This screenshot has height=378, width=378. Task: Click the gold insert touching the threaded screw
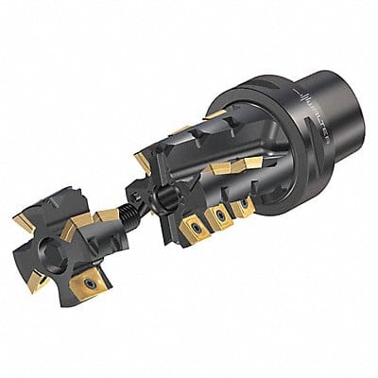pyautogui.click(x=107, y=219)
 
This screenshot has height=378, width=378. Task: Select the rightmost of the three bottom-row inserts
pyautogui.click(x=244, y=207)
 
